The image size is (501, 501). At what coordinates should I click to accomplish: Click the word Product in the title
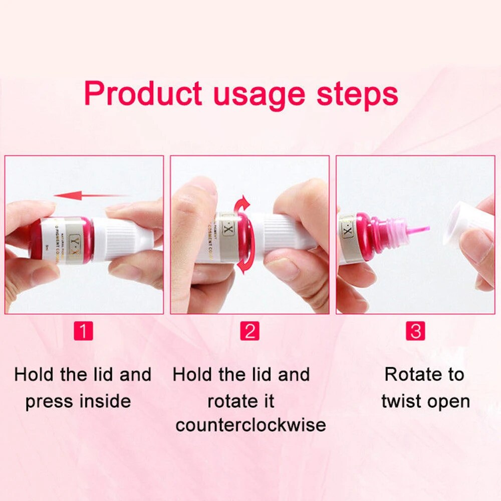(x=143, y=94)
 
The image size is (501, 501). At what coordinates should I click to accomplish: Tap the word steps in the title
(x=358, y=94)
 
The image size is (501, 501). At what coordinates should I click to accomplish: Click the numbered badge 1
(x=83, y=331)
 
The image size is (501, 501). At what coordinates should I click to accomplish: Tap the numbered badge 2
(x=249, y=331)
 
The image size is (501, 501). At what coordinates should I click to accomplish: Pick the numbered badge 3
(x=416, y=331)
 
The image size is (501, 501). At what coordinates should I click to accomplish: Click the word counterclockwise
(x=250, y=426)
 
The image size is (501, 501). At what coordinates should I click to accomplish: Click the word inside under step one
(x=106, y=401)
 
